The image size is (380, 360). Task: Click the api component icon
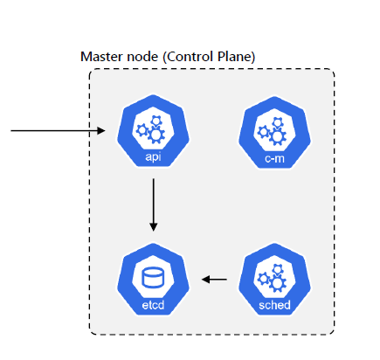153,131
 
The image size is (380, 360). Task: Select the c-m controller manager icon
274,133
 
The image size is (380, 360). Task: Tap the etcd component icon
153,280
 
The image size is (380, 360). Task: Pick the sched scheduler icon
274,280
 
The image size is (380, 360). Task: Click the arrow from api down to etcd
154,205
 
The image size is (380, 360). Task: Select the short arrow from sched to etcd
214,280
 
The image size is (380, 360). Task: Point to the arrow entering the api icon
58,130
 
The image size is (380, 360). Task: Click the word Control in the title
188,57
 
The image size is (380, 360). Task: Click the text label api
153,157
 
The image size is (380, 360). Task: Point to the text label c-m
274,159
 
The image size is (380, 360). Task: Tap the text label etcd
153,305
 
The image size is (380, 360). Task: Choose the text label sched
274,305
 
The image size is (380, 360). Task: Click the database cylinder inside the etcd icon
153,278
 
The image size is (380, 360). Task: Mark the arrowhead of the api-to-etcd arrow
154,227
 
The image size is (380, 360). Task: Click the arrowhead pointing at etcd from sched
205,280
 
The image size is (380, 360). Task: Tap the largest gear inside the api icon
156,135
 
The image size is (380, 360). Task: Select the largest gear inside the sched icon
278,283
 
